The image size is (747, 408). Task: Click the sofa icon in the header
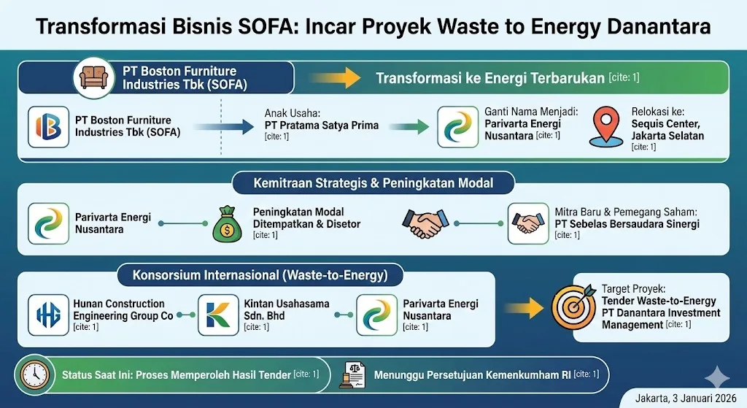click(x=94, y=77)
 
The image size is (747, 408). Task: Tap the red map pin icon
click(x=606, y=126)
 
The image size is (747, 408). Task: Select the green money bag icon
click(x=227, y=224)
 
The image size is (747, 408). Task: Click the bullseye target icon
click(x=574, y=307)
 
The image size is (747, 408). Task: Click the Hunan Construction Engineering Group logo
click(x=49, y=315)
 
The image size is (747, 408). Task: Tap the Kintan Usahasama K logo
click(x=218, y=315)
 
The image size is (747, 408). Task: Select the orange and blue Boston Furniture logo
click(x=49, y=127)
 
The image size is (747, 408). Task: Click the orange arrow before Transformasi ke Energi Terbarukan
click(x=335, y=77)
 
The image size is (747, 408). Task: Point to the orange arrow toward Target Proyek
click(x=524, y=309)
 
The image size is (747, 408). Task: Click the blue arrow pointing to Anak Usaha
click(x=224, y=127)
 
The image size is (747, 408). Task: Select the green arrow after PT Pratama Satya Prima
click(x=409, y=127)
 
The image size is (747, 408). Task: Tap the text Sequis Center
click(x=666, y=124)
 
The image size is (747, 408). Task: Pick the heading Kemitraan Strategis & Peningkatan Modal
click(x=373, y=183)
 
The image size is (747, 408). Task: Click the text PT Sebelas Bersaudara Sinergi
click(x=627, y=224)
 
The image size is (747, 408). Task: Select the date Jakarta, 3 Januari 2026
click(x=686, y=398)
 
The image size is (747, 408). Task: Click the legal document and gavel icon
click(x=352, y=375)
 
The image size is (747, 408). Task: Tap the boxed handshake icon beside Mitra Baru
click(x=528, y=223)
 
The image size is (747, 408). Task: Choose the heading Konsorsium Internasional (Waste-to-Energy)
click(x=260, y=275)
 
